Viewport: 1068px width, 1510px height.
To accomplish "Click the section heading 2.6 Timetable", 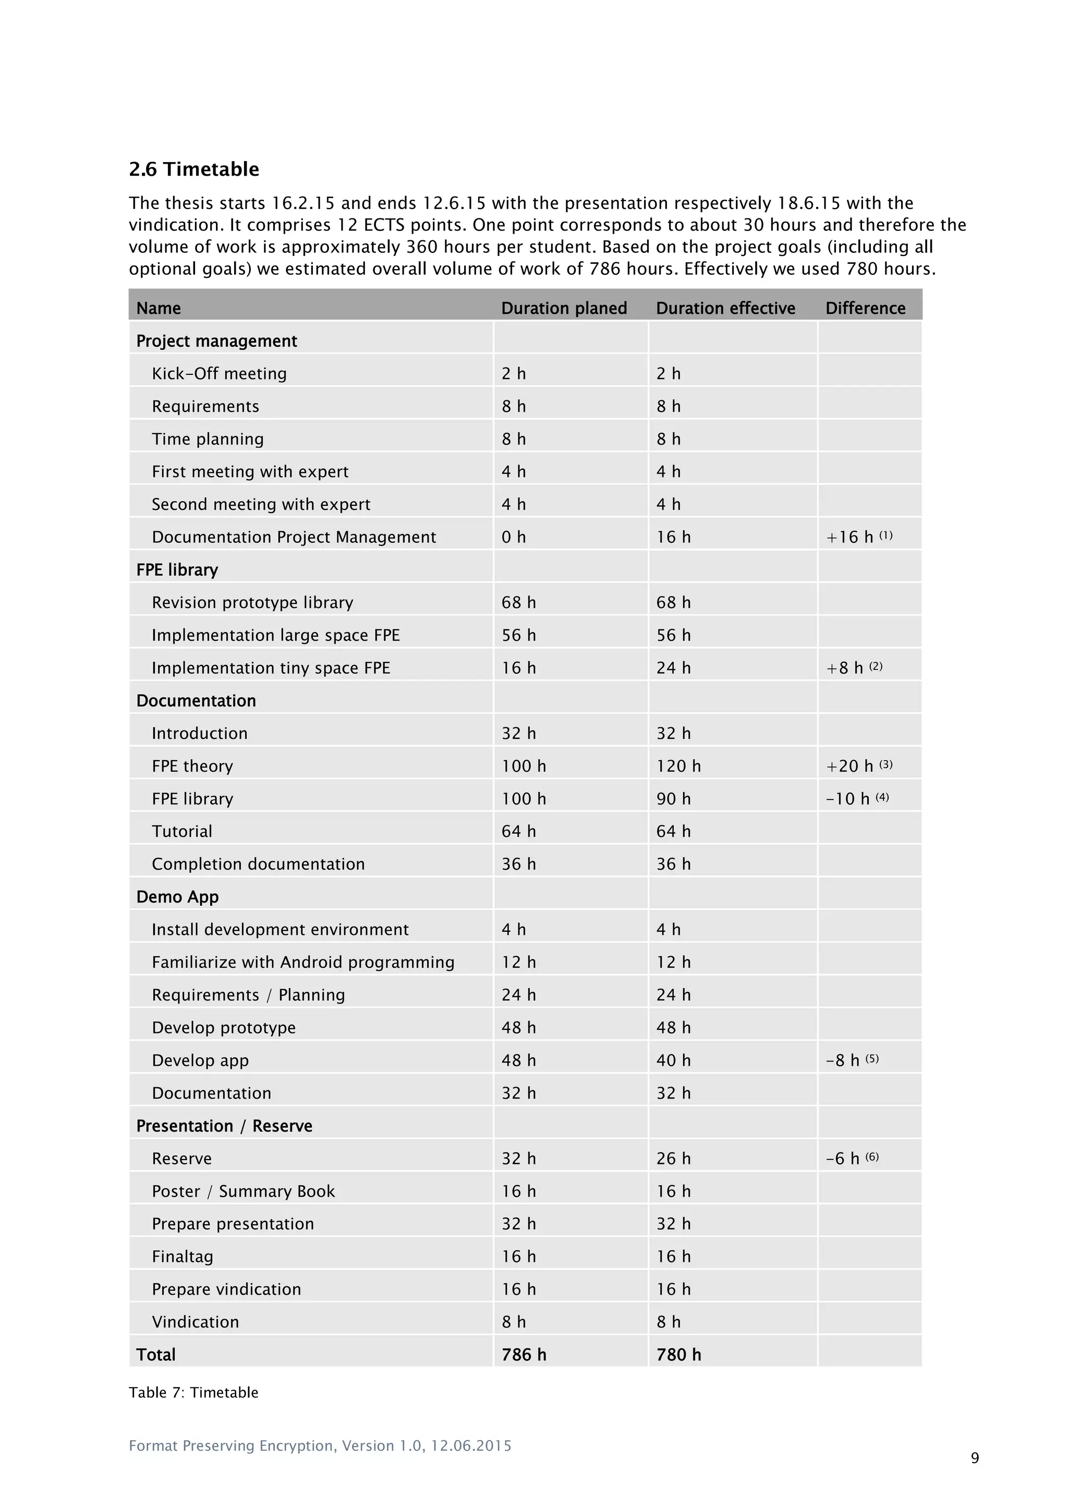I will [x=193, y=169].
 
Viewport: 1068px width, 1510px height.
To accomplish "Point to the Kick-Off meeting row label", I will [x=219, y=373].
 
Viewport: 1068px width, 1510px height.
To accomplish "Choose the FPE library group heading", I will [x=177, y=569].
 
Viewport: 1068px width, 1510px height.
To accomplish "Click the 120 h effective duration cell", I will [x=678, y=765].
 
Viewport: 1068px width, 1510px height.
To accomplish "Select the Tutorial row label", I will [x=181, y=831].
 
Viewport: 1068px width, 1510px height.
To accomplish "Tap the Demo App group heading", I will [x=177, y=896].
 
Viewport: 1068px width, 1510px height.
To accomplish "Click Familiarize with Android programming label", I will [x=302, y=962].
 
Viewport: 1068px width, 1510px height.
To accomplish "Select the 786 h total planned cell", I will [x=524, y=1354].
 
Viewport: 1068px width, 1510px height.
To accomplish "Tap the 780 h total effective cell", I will [x=678, y=1354].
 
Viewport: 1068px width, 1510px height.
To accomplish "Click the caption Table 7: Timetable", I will [x=193, y=1392].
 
